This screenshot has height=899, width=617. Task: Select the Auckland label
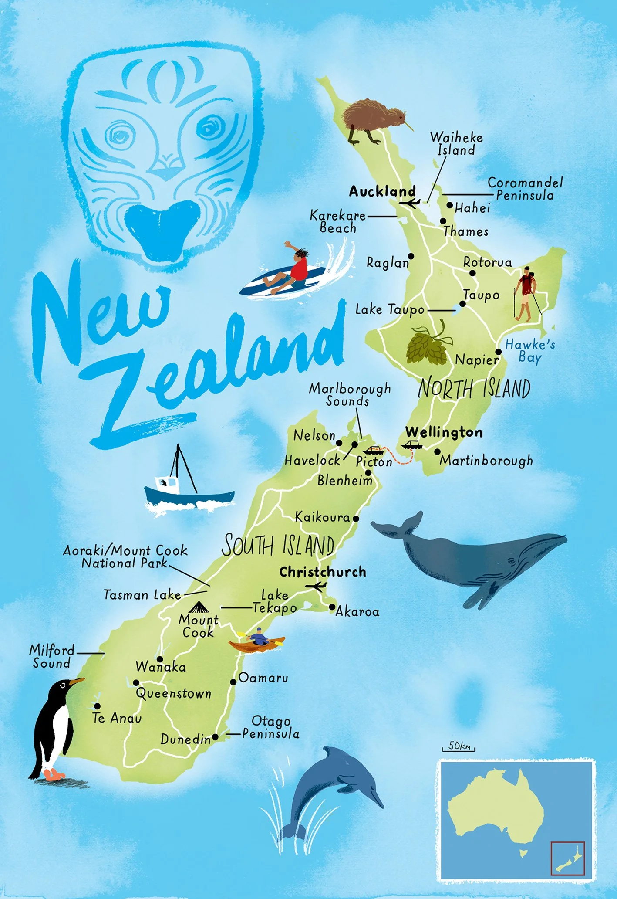[382, 191]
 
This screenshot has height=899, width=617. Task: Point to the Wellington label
[444, 432]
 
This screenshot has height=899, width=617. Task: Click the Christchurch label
[323, 572]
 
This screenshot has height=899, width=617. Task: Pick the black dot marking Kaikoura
[356, 519]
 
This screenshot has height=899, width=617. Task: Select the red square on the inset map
[568, 858]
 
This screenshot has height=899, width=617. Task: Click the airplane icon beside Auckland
[410, 203]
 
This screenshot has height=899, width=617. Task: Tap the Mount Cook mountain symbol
[199, 607]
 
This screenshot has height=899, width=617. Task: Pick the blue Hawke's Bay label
[530, 351]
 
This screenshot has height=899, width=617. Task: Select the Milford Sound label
[51, 656]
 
